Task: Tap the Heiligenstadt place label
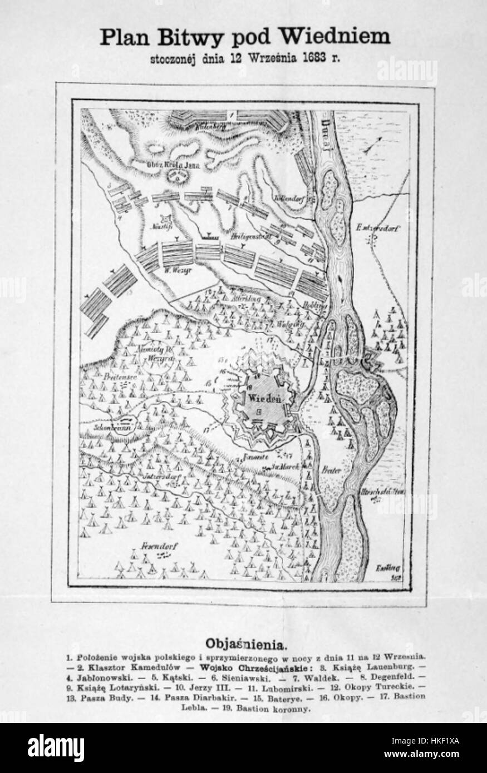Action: coord(249,237)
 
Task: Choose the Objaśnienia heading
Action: coord(247,645)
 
